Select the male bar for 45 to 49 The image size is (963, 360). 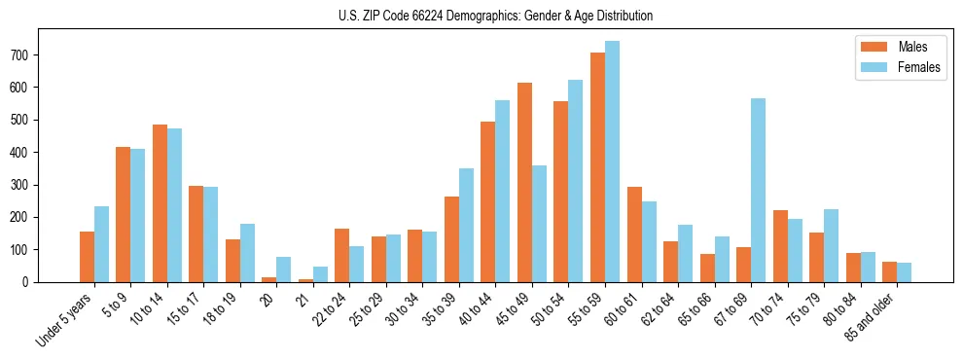524,183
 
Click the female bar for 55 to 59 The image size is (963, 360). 612,162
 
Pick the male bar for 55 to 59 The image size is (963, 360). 597,167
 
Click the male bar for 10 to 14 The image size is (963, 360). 160,203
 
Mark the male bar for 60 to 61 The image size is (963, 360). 634,234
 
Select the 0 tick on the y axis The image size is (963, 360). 31,282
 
